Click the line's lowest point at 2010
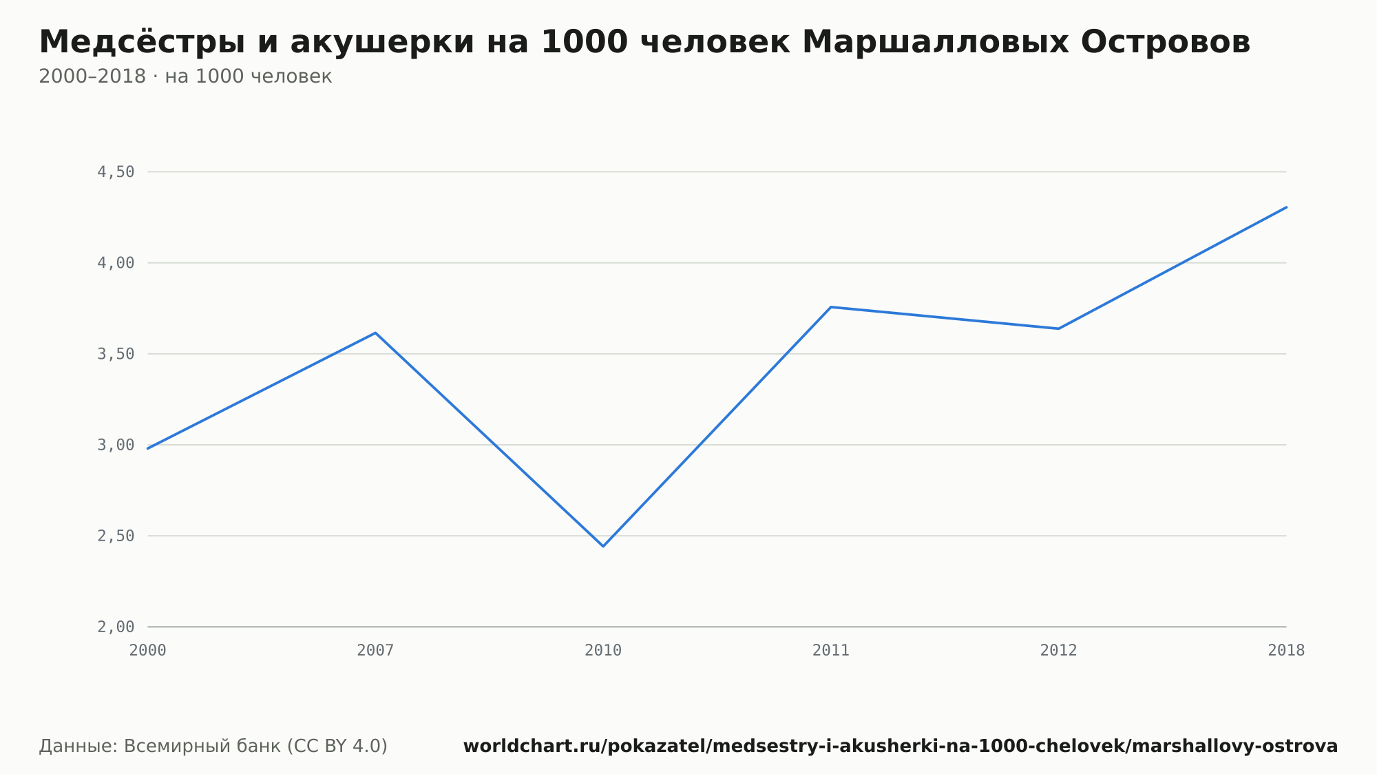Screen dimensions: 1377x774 (x=603, y=546)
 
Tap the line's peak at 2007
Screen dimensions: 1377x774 (x=375, y=333)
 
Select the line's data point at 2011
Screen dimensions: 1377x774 (x=831, y=307)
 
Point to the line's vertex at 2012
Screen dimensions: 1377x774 (x=1058, y=328)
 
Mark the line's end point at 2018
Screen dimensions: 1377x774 (x=1286, y=207)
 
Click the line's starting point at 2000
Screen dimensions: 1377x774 (x=148, y=448)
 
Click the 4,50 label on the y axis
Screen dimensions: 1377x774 (x=116, y=172)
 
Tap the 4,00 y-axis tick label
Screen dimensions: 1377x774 (x=116, y=263)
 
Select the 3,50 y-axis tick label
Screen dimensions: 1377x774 (x=116, y=354)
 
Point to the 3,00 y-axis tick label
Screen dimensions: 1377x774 (x=116, y=445)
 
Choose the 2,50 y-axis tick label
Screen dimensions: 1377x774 (x=116, y=536)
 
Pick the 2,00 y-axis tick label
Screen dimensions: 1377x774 (x=116, y=627)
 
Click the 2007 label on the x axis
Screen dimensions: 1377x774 (x=375, y=651)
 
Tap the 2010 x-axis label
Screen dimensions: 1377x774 (x=603, y=651)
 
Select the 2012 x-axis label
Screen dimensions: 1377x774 (x=1058, y=651)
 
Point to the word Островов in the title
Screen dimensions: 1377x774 (x=1165, y=43)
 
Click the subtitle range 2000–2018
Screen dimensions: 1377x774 (x=92, y=76)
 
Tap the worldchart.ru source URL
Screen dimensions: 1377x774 (x=901, y=746)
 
